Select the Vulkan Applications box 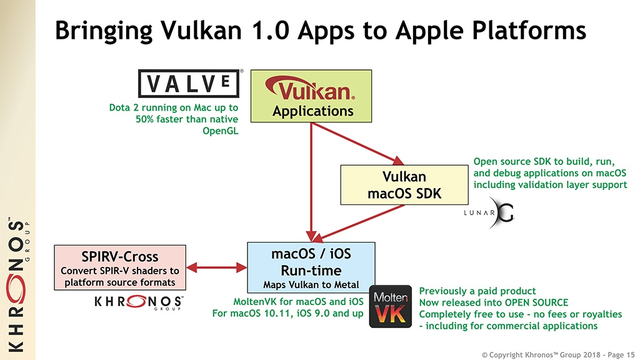click(x=312, y=95)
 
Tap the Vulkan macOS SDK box click(x=404, y=184)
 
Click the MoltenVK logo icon click(x=390, y=306)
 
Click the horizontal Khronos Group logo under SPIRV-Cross click(x=138, y=302)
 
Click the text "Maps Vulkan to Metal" click(x=311, y=286)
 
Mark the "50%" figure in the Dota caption click(x=145, y=119)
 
